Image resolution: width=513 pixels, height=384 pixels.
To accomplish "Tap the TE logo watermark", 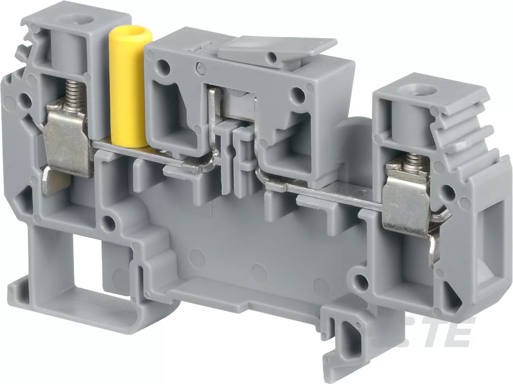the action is (x=442, y=332).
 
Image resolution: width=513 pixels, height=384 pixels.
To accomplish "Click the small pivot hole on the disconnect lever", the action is (x=273, y=56).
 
